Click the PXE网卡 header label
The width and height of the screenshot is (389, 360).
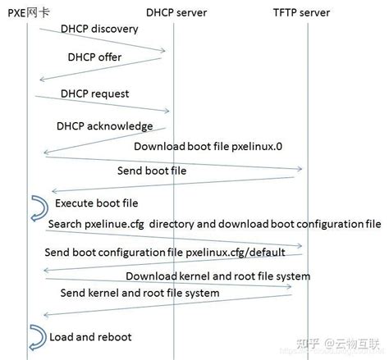(29, 12)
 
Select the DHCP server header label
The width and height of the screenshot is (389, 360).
(176, 12)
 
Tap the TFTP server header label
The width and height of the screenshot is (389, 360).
(301, 12)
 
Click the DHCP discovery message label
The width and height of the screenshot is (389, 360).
(99, 29)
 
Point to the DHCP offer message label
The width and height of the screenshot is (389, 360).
(94, 57)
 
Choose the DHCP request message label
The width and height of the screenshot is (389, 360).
(94, 94)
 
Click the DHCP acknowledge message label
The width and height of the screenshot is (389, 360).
(104, 126)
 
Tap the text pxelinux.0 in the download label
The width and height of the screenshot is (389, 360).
(257, 147)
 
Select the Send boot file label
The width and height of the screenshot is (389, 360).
(152, 171)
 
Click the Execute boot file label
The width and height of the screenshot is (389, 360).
(97, 203)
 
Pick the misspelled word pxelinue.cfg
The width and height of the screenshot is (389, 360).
(114, 225)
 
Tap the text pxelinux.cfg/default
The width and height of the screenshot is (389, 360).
(236, 253)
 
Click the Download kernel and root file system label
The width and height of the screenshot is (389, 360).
(218, 276)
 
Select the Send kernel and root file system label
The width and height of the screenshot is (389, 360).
(140, 293)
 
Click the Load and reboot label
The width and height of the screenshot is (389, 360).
(90, 337)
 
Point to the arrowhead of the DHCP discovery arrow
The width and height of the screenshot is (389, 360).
(163, 50)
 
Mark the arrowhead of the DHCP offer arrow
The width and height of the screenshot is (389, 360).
(42, 80)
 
